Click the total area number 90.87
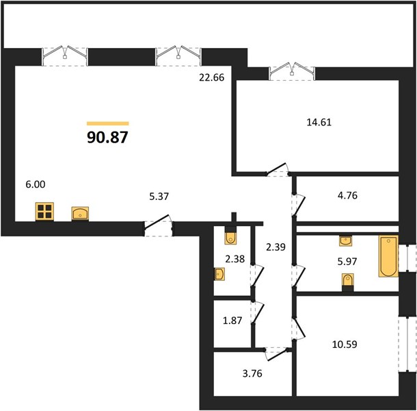coord(107,137)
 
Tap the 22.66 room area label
coord(212,77)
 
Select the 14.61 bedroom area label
coord(319,122)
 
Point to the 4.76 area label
coord(347,195)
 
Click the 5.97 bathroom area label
coord(347,262)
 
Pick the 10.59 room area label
coord(345,345)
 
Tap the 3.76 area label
coord(252,373)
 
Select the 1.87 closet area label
coord(232,321)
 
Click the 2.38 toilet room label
coord(235,259)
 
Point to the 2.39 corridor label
coord(275,247)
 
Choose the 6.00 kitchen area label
coord(36,184)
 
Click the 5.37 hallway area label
coord(159,197)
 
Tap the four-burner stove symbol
coord(44,212)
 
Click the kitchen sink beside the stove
coord(80,214)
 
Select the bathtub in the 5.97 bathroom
coord(388,256)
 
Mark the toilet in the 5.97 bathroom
coord(347,282)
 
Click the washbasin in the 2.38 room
coord(219,274)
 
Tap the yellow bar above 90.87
coord(108,123)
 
